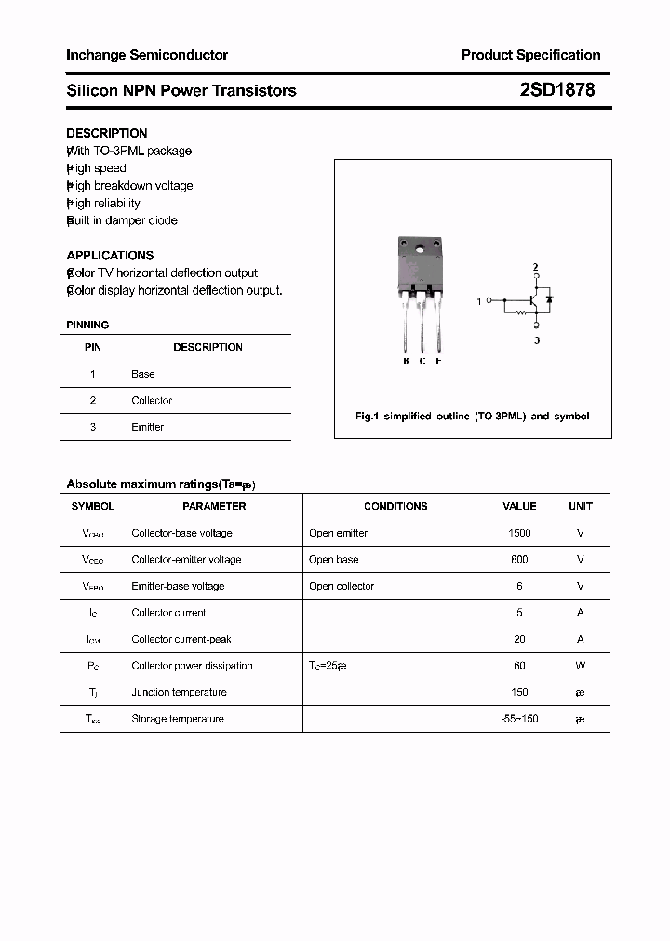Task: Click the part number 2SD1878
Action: [x=557, y=90]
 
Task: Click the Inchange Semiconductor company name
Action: [x=147, y=55]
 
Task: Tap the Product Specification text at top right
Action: [x=530, y=55]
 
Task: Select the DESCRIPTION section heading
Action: [x=107, y=133]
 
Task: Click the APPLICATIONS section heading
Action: [x=110, y=255]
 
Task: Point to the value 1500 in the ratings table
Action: [x=519, y=533]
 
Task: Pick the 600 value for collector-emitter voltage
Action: [x=519, y=560]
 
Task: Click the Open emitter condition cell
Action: [x=338, y=533]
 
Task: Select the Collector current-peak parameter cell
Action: [x=181, y=639]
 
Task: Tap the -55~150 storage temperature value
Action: [x=519, y=719]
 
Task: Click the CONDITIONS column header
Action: [x=395, y=506]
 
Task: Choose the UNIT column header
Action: [x=580, y=506]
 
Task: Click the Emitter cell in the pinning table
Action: [x=147, y=427]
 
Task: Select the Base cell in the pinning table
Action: [x=143, y=374]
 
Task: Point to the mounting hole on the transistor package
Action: [x=421, y=248]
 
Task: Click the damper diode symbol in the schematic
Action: [x=550, y=300]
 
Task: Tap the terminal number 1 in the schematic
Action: [x=479, y=301]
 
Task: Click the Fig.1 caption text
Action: [x=472, y=417]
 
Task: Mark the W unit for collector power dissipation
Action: [x=580, y=666]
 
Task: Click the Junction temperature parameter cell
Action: [x=179, y=692]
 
